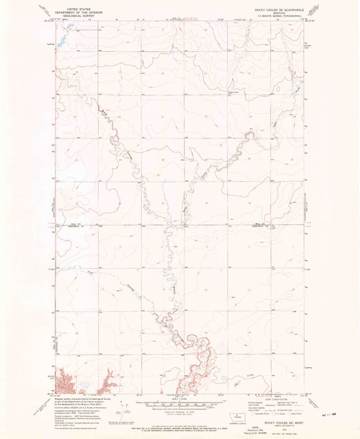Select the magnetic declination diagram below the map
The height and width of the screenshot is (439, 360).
pyautogui.click(x=123, y=408)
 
